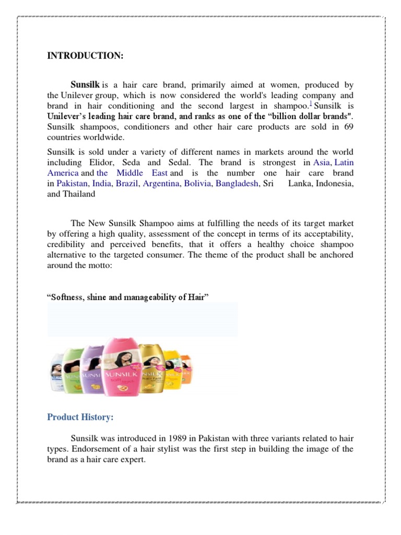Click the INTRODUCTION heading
pyautogui.click(x=85, y=56)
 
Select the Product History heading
pyautogui.click(x=80, y=417)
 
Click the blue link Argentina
pyautogui.click(x=161, y=183)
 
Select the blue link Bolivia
pyautogui.click(x=197, y=183)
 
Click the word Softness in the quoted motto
pyautogui.click(x=67, y=297)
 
